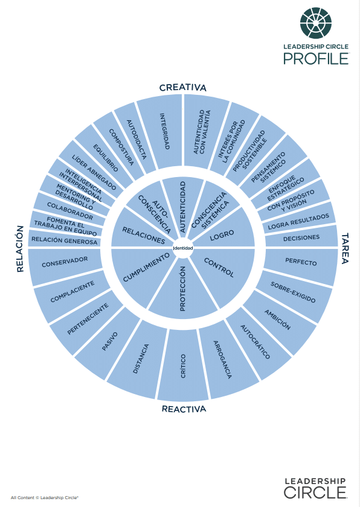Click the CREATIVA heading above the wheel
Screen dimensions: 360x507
click(182, 88)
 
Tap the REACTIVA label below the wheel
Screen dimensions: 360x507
click(184, 409)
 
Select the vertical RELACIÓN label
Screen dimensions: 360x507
click(20, 248)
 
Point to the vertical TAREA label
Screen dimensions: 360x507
click(345, 248)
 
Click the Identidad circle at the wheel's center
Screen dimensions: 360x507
click(183, 248)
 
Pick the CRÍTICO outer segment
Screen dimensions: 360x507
click(182, 366)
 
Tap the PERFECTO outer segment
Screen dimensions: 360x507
click(301, 262)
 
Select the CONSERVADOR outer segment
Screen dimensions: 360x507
click(65, 262)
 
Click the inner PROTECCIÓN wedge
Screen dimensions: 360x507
click(183, 288)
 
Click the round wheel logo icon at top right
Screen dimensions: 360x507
click(316, 23)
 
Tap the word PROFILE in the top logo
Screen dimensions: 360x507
click(316, 59)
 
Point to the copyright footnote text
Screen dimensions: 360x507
click(45, 497)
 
